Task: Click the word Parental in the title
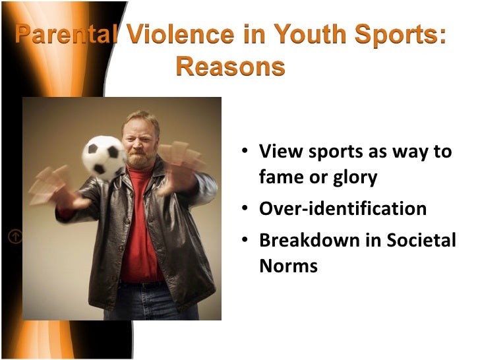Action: click(65, 36)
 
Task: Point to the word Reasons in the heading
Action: click(230, 67)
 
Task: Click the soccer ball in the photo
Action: click(104, 156)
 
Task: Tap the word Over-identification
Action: click(343, 209)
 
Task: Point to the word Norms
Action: click(288, 266)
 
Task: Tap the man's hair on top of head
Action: click(141, 117)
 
